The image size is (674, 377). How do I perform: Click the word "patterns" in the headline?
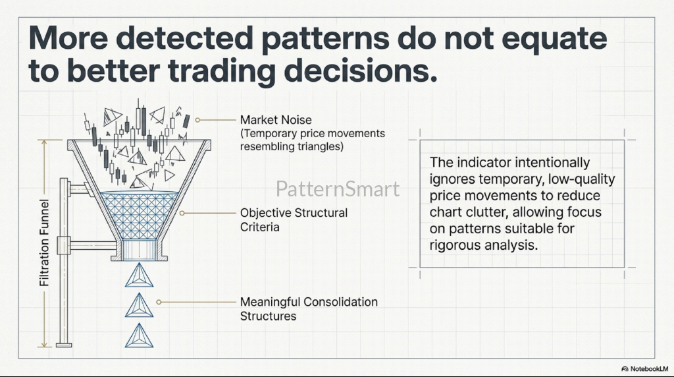tap(325, 40)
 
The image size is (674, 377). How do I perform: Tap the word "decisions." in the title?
tap(361, 71)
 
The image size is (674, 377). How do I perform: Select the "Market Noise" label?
tap(276, 120)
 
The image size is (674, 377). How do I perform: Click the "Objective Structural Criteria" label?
tap(294, 219)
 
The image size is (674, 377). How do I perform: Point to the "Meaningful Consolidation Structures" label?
tap(309, 308)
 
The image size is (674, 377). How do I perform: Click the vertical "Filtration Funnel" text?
tap(44, 243)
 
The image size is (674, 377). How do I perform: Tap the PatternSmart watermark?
tap(338, 189)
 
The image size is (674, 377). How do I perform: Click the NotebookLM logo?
tap(644, 369)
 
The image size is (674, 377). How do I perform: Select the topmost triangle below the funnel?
tap(139, 275)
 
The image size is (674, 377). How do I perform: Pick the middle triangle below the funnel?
tap(139, 306)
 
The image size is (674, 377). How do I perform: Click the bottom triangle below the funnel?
tap(139, 335)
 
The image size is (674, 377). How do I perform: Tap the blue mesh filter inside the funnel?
tap(140, 215)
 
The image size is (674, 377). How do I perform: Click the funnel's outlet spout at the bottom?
tap(139, 250)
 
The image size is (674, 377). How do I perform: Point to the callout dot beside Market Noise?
tap(197, 120)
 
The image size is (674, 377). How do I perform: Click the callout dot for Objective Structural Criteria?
tap(182, 213)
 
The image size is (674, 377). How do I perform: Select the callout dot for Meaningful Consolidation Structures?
tap(159, 302)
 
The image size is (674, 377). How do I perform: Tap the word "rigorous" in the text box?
tap(455, 246)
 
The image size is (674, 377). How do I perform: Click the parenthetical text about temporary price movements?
tap(313, 140)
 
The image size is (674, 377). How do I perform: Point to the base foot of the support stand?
tap(64, 345)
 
